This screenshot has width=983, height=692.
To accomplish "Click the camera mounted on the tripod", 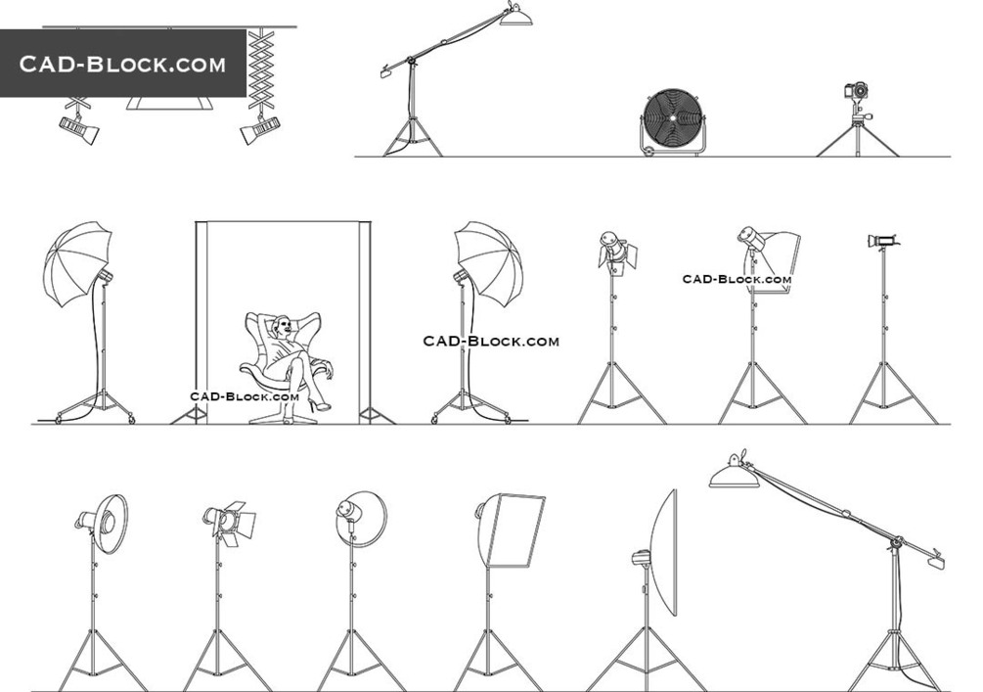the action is click(x=857, y=90).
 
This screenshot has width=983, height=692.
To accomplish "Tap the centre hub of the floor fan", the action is click(x=672, y=118).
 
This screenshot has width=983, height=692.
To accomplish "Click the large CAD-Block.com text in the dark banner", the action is click(x=122, y=64).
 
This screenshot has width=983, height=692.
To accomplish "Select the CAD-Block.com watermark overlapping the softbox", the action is click(x=737, y=279).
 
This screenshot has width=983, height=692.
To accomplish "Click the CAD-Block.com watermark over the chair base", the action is click(x=245, y=396).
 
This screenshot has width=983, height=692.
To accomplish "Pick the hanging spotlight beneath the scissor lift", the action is click(x=259, y=129).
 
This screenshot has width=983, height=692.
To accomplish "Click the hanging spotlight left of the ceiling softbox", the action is click(x=79, y=128).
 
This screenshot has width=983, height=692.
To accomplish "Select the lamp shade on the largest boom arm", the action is click(x=735, y=475).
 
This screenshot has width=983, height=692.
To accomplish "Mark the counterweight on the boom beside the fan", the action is click(x=385, y=72).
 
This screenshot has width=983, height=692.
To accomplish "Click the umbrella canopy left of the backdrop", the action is click(x=76, y=263).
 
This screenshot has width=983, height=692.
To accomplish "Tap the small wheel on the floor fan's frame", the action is click(x=648, y=151).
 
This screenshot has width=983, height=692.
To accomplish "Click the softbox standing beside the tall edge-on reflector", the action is click(x=511, y=531).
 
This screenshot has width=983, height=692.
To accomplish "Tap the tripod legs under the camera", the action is click(x=858, y=141).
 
